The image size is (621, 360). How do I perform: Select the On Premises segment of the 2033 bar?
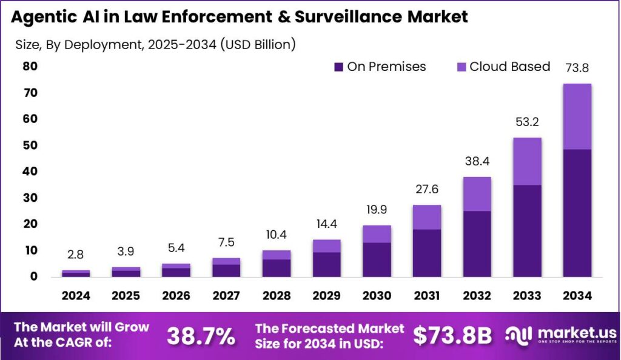(527, 230)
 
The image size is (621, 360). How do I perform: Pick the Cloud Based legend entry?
(503, 67)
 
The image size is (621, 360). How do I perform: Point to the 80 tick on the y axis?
(30, 66)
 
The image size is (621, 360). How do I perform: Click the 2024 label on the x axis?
(76, 296)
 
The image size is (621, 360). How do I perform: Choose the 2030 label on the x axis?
(377, 296)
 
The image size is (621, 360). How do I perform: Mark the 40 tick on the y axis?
(30, 172)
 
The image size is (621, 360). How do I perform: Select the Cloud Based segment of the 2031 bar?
(427, 217)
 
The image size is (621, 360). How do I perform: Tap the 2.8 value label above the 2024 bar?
(76, 255)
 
